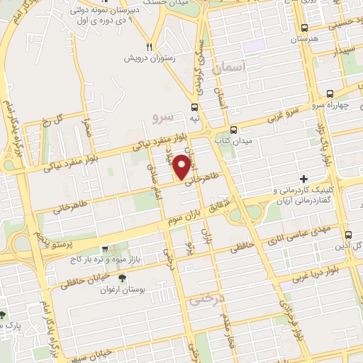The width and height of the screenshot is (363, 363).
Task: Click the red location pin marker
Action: pos(182,167)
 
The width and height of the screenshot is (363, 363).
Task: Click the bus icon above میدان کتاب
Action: pos(234,130)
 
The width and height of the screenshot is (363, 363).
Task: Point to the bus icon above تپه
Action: pos(194,107)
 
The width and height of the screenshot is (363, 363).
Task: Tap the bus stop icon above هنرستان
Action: pos(303,29)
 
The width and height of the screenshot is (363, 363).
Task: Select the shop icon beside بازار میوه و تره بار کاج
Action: pos(104,250)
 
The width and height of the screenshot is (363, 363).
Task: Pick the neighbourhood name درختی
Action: pos(206,299)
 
